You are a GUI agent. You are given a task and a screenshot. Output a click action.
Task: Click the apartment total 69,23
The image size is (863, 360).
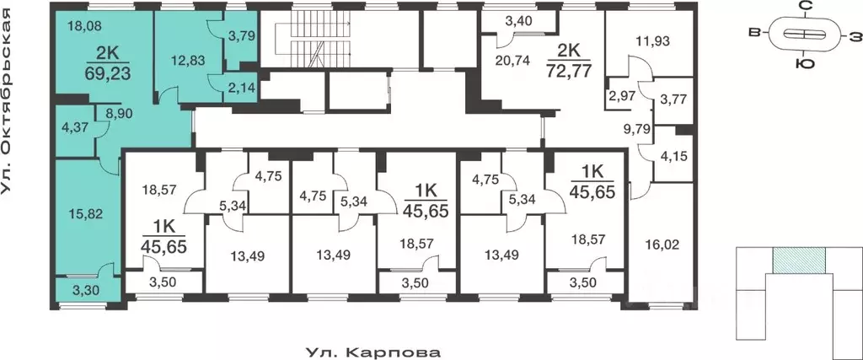pyautogui.click(x=101, y=73)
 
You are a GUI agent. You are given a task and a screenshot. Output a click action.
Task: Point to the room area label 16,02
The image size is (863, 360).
pyautogui.click(x=662, y=245)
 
